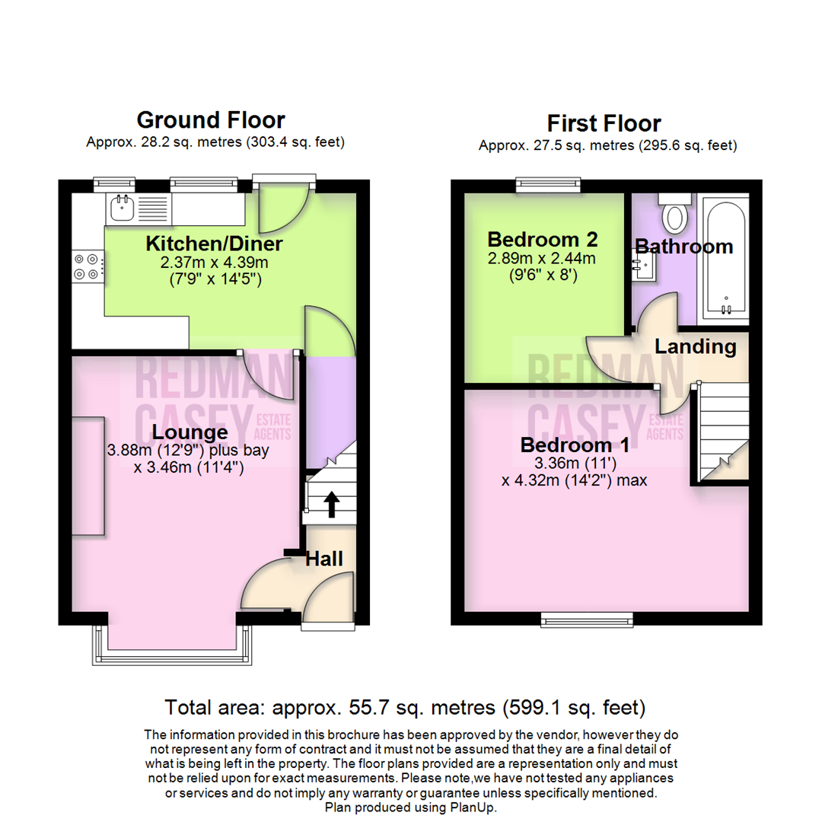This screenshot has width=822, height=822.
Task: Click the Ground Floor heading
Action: point(211,119)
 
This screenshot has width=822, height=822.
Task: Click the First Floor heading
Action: point(604,123)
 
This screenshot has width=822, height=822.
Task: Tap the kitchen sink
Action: point(121,206)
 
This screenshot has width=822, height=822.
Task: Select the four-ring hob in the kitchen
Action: point(86,264)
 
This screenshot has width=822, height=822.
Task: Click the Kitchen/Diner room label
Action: point(214,244)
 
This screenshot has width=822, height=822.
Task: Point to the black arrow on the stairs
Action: point(332,504)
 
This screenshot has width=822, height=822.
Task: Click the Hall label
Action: point(324,559)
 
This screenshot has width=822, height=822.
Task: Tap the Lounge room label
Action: point(190,432)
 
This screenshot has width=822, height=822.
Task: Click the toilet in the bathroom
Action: point(674,214)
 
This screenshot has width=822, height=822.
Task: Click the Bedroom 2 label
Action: point(543,240)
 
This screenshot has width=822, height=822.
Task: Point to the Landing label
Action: point(696,347)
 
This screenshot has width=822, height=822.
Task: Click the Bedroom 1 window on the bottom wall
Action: point(587,619)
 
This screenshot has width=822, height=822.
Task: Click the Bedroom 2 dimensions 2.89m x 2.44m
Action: point(543,259)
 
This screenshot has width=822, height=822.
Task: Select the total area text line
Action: point(405,708)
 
